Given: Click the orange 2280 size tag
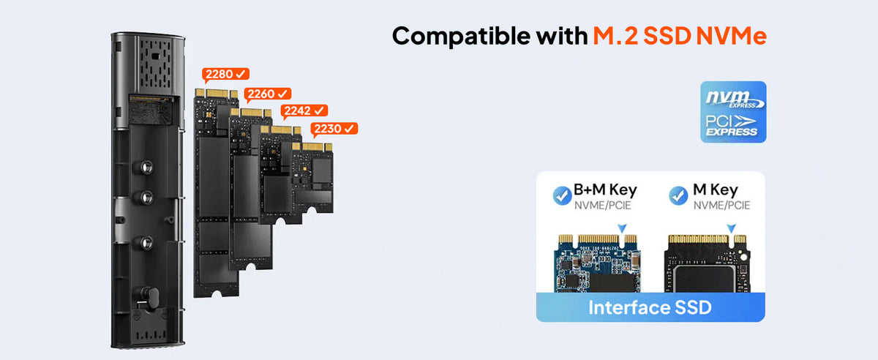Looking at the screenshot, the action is click(x=225, y=74).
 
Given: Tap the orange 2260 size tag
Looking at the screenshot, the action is click(x=267, y=94).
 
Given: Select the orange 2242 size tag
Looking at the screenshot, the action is click(x=304, y=111).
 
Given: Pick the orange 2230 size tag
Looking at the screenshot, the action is click(x=334, y=129).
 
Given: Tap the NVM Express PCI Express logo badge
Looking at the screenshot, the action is click(x=733, y=112).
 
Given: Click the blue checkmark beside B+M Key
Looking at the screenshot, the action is click(x=562, y=195).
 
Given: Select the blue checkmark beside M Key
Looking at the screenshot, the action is click(x=678, y=195).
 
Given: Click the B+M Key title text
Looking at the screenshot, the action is click(x=605, y=190).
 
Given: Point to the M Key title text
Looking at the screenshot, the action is click(x=716, y=190).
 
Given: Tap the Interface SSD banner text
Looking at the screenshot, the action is click(x=650, y=307).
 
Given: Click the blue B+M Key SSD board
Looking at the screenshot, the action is click(x=597, y=263).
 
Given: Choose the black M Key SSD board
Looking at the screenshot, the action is click(x=707, y=263).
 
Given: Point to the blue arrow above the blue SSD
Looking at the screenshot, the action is click(x=622, y=228).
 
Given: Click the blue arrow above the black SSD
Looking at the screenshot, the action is click(x=732, y=228).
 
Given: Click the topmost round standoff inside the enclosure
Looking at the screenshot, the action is click(x=146, y=168).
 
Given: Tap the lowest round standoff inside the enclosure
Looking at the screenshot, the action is click(x=146, y=243).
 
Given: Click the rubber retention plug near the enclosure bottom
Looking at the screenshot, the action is click(x=151, y=298).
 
